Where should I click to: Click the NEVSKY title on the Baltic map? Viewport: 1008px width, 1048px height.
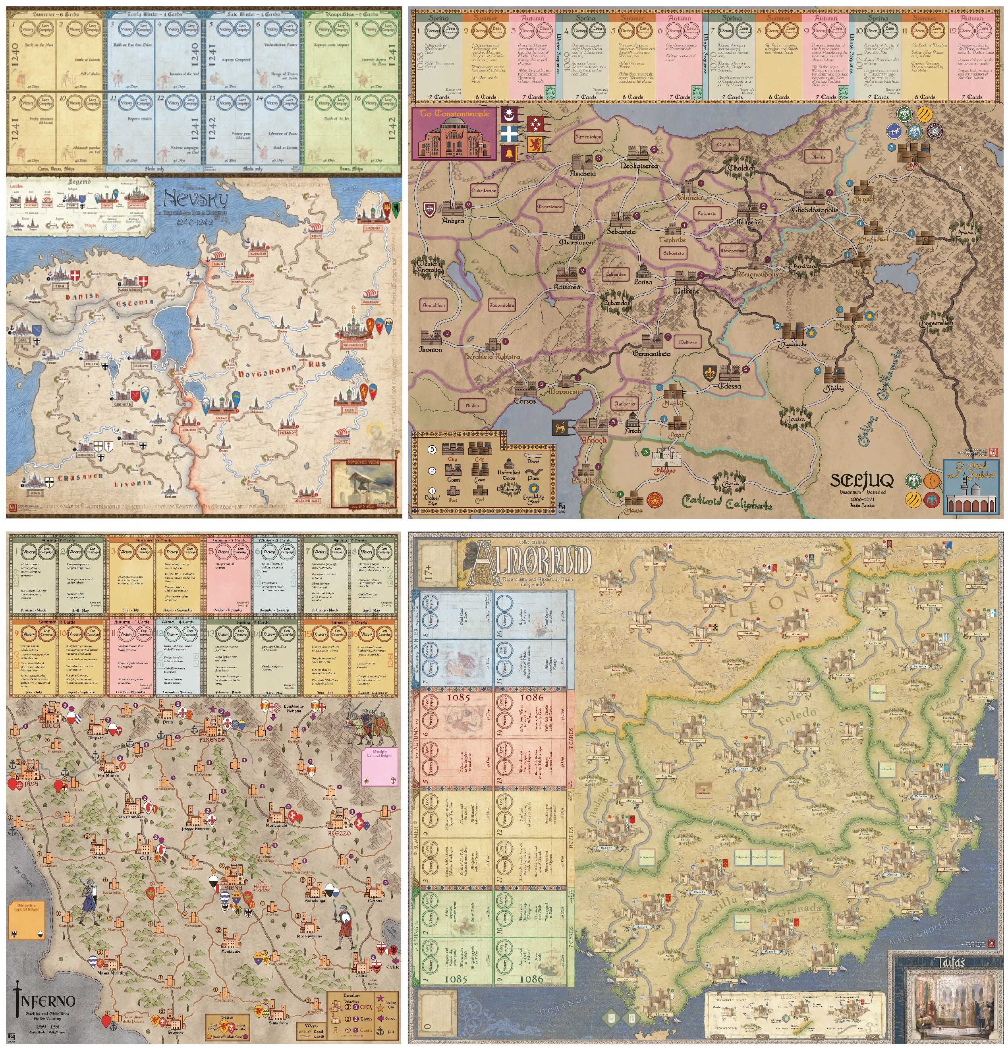195,200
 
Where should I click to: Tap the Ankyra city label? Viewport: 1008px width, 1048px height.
453,220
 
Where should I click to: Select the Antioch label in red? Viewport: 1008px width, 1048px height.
593,439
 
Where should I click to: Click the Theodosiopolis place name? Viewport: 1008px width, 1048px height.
815,210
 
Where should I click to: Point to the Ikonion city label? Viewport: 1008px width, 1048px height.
430,349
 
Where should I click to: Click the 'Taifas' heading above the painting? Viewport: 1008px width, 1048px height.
948,963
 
